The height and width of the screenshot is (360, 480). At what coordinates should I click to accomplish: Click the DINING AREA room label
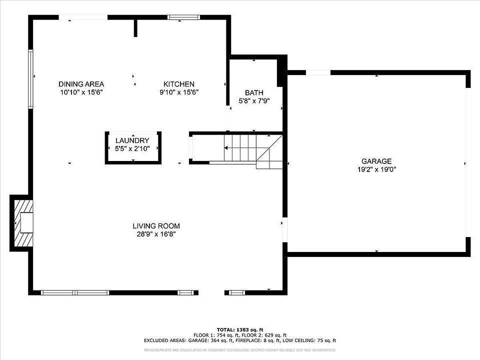point(81,84)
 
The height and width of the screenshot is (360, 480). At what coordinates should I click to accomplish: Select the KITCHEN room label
point(179,84)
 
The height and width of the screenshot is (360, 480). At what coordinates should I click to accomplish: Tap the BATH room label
point(254,93)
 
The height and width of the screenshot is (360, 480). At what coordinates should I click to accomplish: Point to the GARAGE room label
point(376,161)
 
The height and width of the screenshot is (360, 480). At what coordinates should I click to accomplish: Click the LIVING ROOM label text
point(156,226)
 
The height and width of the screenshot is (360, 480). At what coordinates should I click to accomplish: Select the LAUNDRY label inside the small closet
point(132,140)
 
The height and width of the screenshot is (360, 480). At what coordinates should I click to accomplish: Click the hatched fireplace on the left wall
point(22,223)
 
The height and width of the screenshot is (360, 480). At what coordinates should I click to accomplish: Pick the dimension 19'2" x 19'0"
point(376,169)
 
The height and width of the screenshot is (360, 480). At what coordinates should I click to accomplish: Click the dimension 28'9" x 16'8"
point(156,234)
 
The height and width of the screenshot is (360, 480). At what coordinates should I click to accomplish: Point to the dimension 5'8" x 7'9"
point(254,101)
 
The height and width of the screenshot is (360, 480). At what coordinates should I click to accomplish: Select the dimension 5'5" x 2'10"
point(132,148)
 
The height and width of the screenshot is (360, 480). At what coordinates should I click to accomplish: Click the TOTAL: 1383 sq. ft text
point(240,329)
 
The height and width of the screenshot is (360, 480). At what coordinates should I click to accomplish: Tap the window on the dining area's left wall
point(31,79)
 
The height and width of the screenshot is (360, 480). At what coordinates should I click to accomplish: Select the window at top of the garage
point(318,72)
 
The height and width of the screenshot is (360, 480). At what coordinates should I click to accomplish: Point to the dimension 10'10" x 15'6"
point(81,92)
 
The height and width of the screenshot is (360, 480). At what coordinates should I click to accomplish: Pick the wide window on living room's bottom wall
point(75,292)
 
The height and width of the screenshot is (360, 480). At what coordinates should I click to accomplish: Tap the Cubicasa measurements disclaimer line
point(240,350)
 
